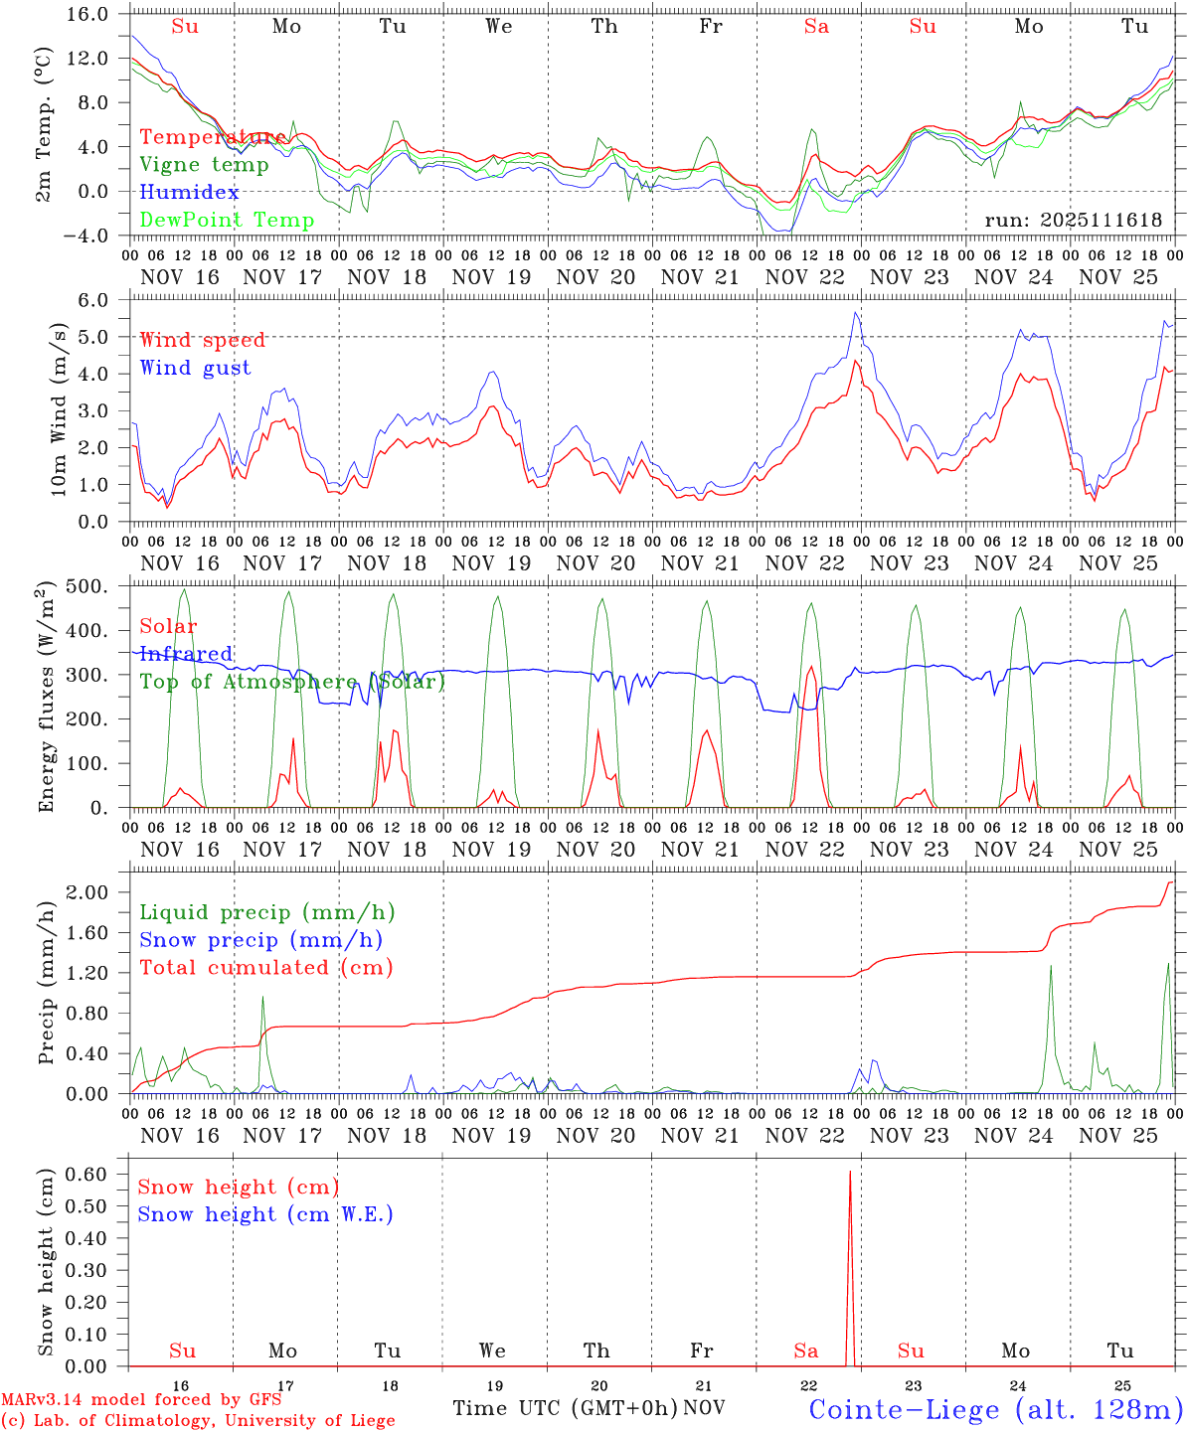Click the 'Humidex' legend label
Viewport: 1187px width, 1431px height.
(x=189, y=193)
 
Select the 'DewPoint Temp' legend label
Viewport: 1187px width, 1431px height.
(x=227, y=220)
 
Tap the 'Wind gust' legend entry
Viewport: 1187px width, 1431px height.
(x=195, y=368)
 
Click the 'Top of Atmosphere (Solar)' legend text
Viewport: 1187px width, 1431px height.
(x=292, y=682)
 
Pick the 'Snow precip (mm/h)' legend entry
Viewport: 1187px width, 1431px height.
(x=260, y=940)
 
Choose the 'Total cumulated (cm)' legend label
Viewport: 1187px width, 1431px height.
(x=265, y=967)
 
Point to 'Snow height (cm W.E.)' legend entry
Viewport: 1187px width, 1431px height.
(x=264, y=1214)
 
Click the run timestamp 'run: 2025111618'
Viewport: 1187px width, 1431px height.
(x=1073, y=221)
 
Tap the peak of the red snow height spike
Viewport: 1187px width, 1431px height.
(x=850, y=1173)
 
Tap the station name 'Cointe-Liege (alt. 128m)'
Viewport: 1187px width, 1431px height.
(x=995, y=1409)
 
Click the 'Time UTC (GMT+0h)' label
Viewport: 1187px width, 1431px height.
(x=566, y=1408)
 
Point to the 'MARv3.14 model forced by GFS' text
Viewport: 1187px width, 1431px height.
(x=141, y=1400)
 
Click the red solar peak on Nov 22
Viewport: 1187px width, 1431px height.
(x=811, y=667)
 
